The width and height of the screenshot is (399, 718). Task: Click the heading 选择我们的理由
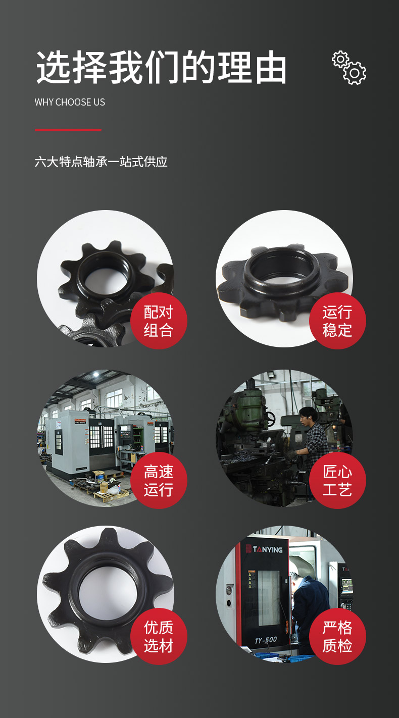(x=161, y=67)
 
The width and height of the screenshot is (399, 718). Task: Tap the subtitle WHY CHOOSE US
(x=70, y=102)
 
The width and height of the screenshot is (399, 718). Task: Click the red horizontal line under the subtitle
(x=68, y=130)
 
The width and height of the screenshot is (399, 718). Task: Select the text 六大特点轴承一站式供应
(x=101, y=162)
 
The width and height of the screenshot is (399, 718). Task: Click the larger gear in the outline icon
(x=355, y=73)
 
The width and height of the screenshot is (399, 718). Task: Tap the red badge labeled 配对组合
(x=159, y=321)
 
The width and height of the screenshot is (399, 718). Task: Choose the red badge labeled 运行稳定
(x=337, y=321)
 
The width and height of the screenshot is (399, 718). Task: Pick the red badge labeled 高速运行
(x=159, y=481)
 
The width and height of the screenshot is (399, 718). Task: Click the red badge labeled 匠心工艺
(x=337, y=481)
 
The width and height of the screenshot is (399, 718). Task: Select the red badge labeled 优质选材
(x=159, y=636)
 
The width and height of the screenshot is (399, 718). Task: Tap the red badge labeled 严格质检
(x=337, y=636)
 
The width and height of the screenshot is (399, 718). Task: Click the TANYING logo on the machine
(x=265, y=549)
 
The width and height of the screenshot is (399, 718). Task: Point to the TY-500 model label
(x=266, y=640)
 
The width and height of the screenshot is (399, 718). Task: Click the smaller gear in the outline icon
(x=340, y=59)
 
